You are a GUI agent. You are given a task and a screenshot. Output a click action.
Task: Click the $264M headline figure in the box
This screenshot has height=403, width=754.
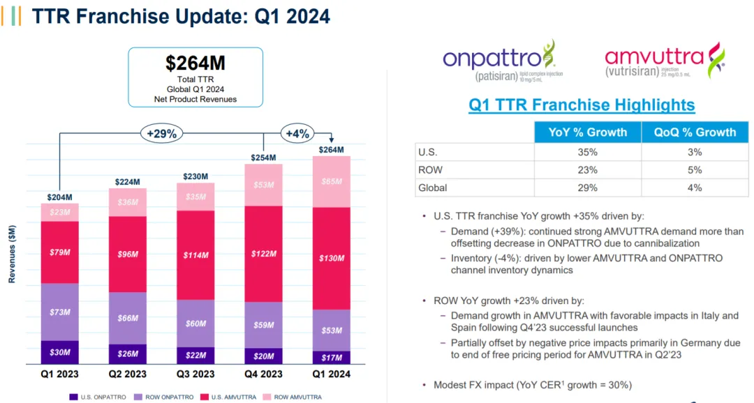pyautogui.click(x=195, y=63)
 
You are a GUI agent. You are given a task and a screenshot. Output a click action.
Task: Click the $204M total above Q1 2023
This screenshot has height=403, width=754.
pyautogui.click(x=59, y=197)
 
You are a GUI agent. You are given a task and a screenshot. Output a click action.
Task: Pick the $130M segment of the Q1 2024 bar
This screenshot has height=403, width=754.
pyautogui.click(x=332, y=258)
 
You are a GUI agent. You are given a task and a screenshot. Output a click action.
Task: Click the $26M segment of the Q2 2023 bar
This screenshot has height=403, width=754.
pyautogui.click(x=128, y=353)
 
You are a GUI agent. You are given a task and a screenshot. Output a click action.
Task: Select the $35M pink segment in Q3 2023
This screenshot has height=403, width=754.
pyautogui.click(x=195, y=197)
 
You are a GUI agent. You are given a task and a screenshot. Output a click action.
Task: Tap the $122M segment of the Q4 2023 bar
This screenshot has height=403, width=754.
pyautogui.click(x=263, y=254)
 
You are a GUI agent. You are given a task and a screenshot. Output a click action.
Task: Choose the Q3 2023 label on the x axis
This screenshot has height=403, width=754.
pyautogui.click(x=195, y=374)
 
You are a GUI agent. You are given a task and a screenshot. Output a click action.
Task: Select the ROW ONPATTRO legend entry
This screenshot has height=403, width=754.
pyautogui.click(x=160, y=396)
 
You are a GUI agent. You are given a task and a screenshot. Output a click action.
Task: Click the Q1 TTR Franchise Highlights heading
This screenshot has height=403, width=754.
pyautogui.click(x=582, y=105)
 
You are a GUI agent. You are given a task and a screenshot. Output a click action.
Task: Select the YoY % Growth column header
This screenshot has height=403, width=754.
pyautogui.click(x=587, y=132)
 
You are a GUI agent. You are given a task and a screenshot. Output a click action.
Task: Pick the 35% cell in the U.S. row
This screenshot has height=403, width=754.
pyautogui.click(x=587, y=151)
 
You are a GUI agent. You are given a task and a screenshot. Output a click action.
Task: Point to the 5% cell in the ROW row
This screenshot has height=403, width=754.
pyautogui.click(x=694, y=169)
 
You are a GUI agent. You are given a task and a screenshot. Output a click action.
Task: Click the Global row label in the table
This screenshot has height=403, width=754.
pyautogui.click(x=433, y=188)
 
